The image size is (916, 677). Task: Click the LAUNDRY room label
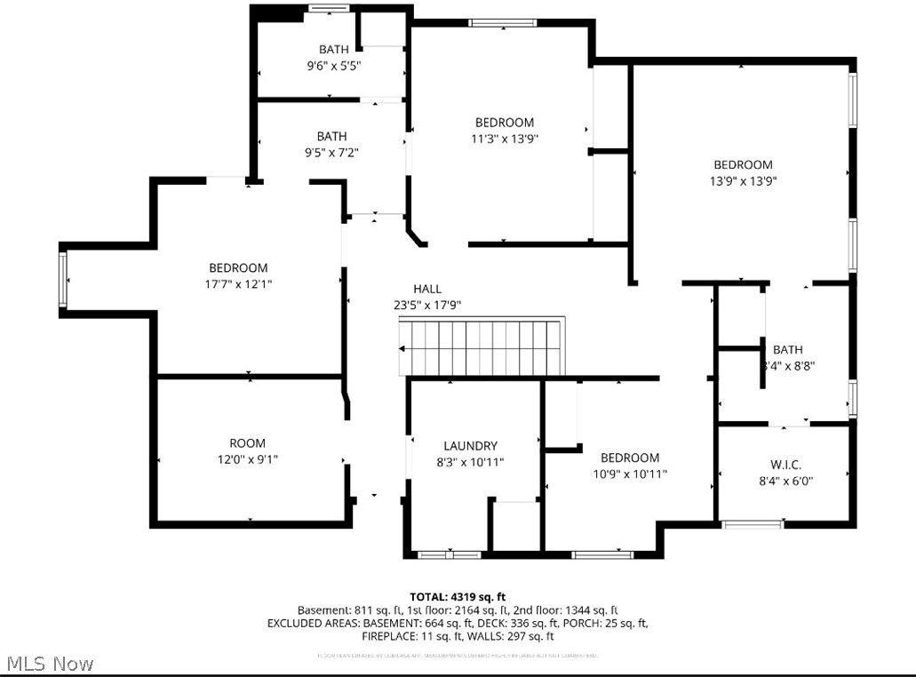pyautogui.click(x=470, y=446)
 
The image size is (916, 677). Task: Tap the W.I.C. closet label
pyautogui.click(x=785, y=465)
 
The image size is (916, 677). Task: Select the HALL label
pyautogui.click(x=426, y=289)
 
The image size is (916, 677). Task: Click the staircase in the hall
pyautogui.click(x=481, y=347)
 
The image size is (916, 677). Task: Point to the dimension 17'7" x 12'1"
pyautogui.click(x=238, y=284)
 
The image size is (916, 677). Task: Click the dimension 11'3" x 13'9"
pyautogui.click(x=504, y=139)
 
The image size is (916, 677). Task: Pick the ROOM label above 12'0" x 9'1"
pyautogui.click(x=247, y=443)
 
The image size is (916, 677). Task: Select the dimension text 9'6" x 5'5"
pyautogui.click(x=333, y=66)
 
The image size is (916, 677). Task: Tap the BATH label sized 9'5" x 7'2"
pyautogui.click(x=332, y=136)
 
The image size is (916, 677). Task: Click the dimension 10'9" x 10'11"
pyautogui.click(x=629, y=474)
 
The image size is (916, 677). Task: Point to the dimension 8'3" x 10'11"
pyautogui.click(x=471, y=462)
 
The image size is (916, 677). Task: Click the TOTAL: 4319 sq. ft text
pyautogui.click(x=458, y=596)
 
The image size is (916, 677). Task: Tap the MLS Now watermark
pyautogui.click(x=50, y=664)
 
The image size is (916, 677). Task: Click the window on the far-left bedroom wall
pyautogui.click(x=63, y=279)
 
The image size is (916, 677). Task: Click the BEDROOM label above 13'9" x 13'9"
pyautogui.click(x=743, y=164)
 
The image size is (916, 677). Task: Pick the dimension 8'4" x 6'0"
pyautogui.click(x=785, y=481)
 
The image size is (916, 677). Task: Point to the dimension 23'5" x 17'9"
pyautogui.click(x=426, y=305)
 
